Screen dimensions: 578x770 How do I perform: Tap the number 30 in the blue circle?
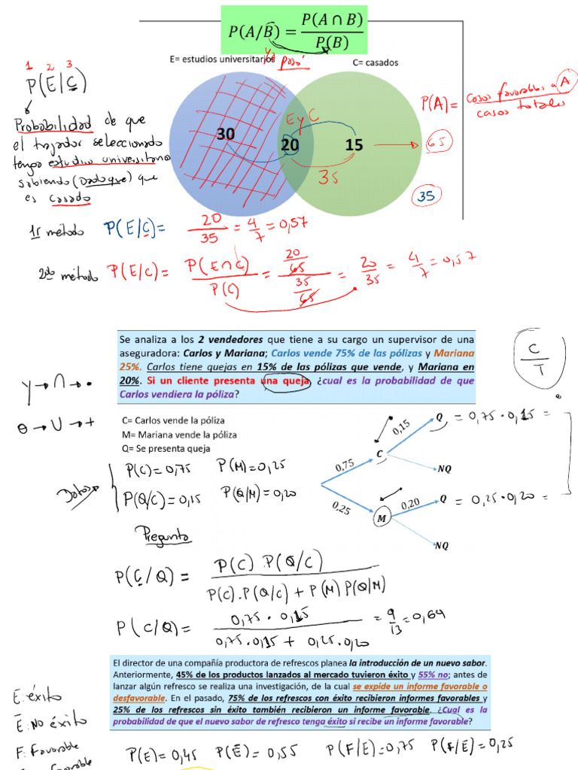[226, 135]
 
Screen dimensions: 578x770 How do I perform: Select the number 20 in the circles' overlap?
[290, 144]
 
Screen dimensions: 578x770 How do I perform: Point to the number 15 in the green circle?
[354, 144]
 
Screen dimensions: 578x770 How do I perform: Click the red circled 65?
[439, 144]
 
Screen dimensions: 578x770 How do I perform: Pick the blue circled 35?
[427, 196]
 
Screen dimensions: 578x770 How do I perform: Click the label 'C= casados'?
[375, 62]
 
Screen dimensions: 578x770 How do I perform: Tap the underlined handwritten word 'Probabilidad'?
[52, 122]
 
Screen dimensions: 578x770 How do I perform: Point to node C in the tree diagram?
[381, 454]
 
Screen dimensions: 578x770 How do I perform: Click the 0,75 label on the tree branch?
[345, 465]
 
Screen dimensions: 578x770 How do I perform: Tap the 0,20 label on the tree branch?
[409, 502]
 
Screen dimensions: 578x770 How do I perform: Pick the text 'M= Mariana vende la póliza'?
[178, 435]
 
